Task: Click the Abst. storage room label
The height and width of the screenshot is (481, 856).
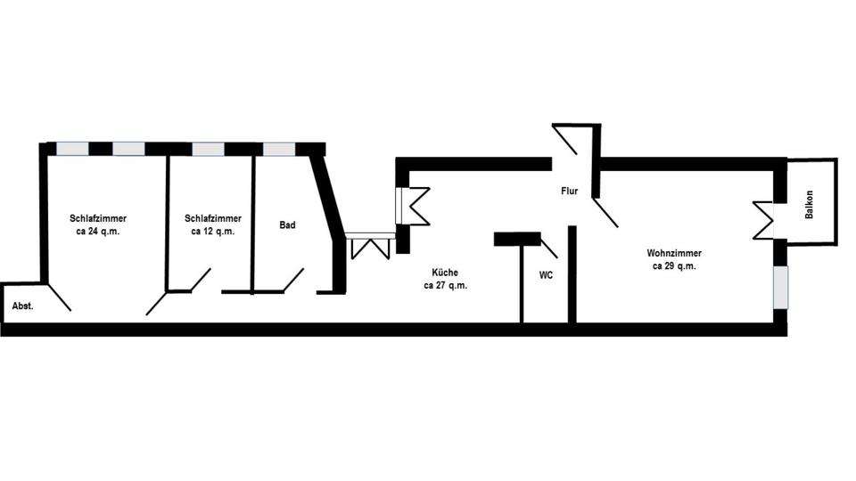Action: (x=22, y=306)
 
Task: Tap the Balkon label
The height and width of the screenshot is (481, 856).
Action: (x=810, y=205)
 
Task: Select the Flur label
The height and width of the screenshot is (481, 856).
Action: (x=570, y=191)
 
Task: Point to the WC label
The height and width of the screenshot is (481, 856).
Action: (x=546, y=275)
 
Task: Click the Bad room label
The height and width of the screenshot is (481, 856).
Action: (x=287, y=225)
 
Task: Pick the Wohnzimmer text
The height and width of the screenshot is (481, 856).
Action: (x=673, y=253)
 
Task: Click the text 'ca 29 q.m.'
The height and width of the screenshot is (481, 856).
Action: (x=673, y=265)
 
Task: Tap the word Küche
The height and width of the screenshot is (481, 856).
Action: (x=445, y=273)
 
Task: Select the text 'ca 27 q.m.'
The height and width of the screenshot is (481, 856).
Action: (x=445, y=286)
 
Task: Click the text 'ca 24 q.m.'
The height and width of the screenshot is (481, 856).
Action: (x=98, y=231)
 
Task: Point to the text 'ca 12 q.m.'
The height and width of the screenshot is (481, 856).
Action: (x=212, y=231)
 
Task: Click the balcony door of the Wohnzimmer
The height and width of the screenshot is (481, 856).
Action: (x=766, y=219)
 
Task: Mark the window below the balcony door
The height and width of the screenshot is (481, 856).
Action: (x=780, y=286)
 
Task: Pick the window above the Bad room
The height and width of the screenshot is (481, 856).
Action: (x=278, y=149)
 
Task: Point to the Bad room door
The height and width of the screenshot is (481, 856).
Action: (x=292, y=280)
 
